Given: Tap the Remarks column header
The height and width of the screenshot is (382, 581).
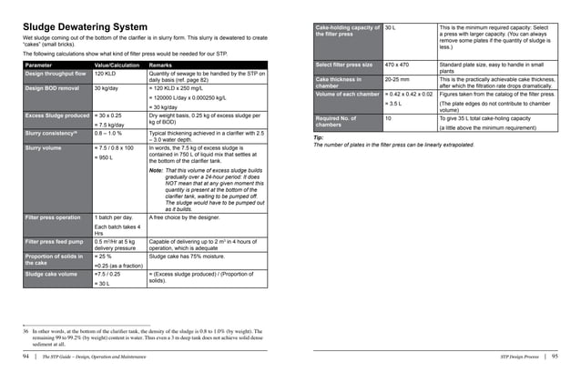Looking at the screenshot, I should point(160,65).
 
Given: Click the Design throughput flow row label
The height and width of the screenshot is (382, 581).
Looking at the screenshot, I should point(56,74).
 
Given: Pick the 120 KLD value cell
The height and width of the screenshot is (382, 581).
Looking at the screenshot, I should point(106,74).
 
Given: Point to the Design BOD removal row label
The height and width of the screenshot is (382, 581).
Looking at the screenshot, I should point(53,88).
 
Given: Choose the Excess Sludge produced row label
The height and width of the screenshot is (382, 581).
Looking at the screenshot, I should point(56,116).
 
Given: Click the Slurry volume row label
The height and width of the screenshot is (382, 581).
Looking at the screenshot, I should point(43,146).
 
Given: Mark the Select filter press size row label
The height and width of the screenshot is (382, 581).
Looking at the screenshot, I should point(345,65).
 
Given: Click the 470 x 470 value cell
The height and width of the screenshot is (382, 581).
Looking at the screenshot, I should point(397,65).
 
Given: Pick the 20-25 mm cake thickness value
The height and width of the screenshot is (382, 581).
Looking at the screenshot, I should point(397,79).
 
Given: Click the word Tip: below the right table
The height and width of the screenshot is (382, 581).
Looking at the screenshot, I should point(318,137).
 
